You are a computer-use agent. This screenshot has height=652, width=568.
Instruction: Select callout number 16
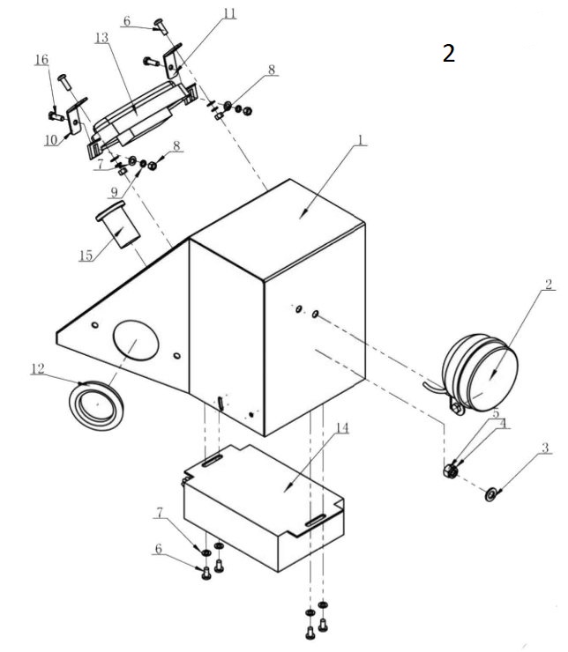click(x=41, y=59)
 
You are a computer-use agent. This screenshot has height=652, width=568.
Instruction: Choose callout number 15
click(x=86, y=256)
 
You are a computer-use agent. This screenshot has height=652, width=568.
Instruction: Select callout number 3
click(x=546, y=448)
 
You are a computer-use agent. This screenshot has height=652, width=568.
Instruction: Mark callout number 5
click(x=496, y=412)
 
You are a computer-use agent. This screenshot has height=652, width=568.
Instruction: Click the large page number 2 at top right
click(x=449, y=54)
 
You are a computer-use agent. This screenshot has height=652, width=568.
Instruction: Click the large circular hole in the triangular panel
click(x=135, y=339)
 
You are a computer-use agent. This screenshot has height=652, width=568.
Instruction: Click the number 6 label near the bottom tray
click(x=159, y=547)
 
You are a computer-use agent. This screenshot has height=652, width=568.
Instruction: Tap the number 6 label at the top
click(x=126, y=19)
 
